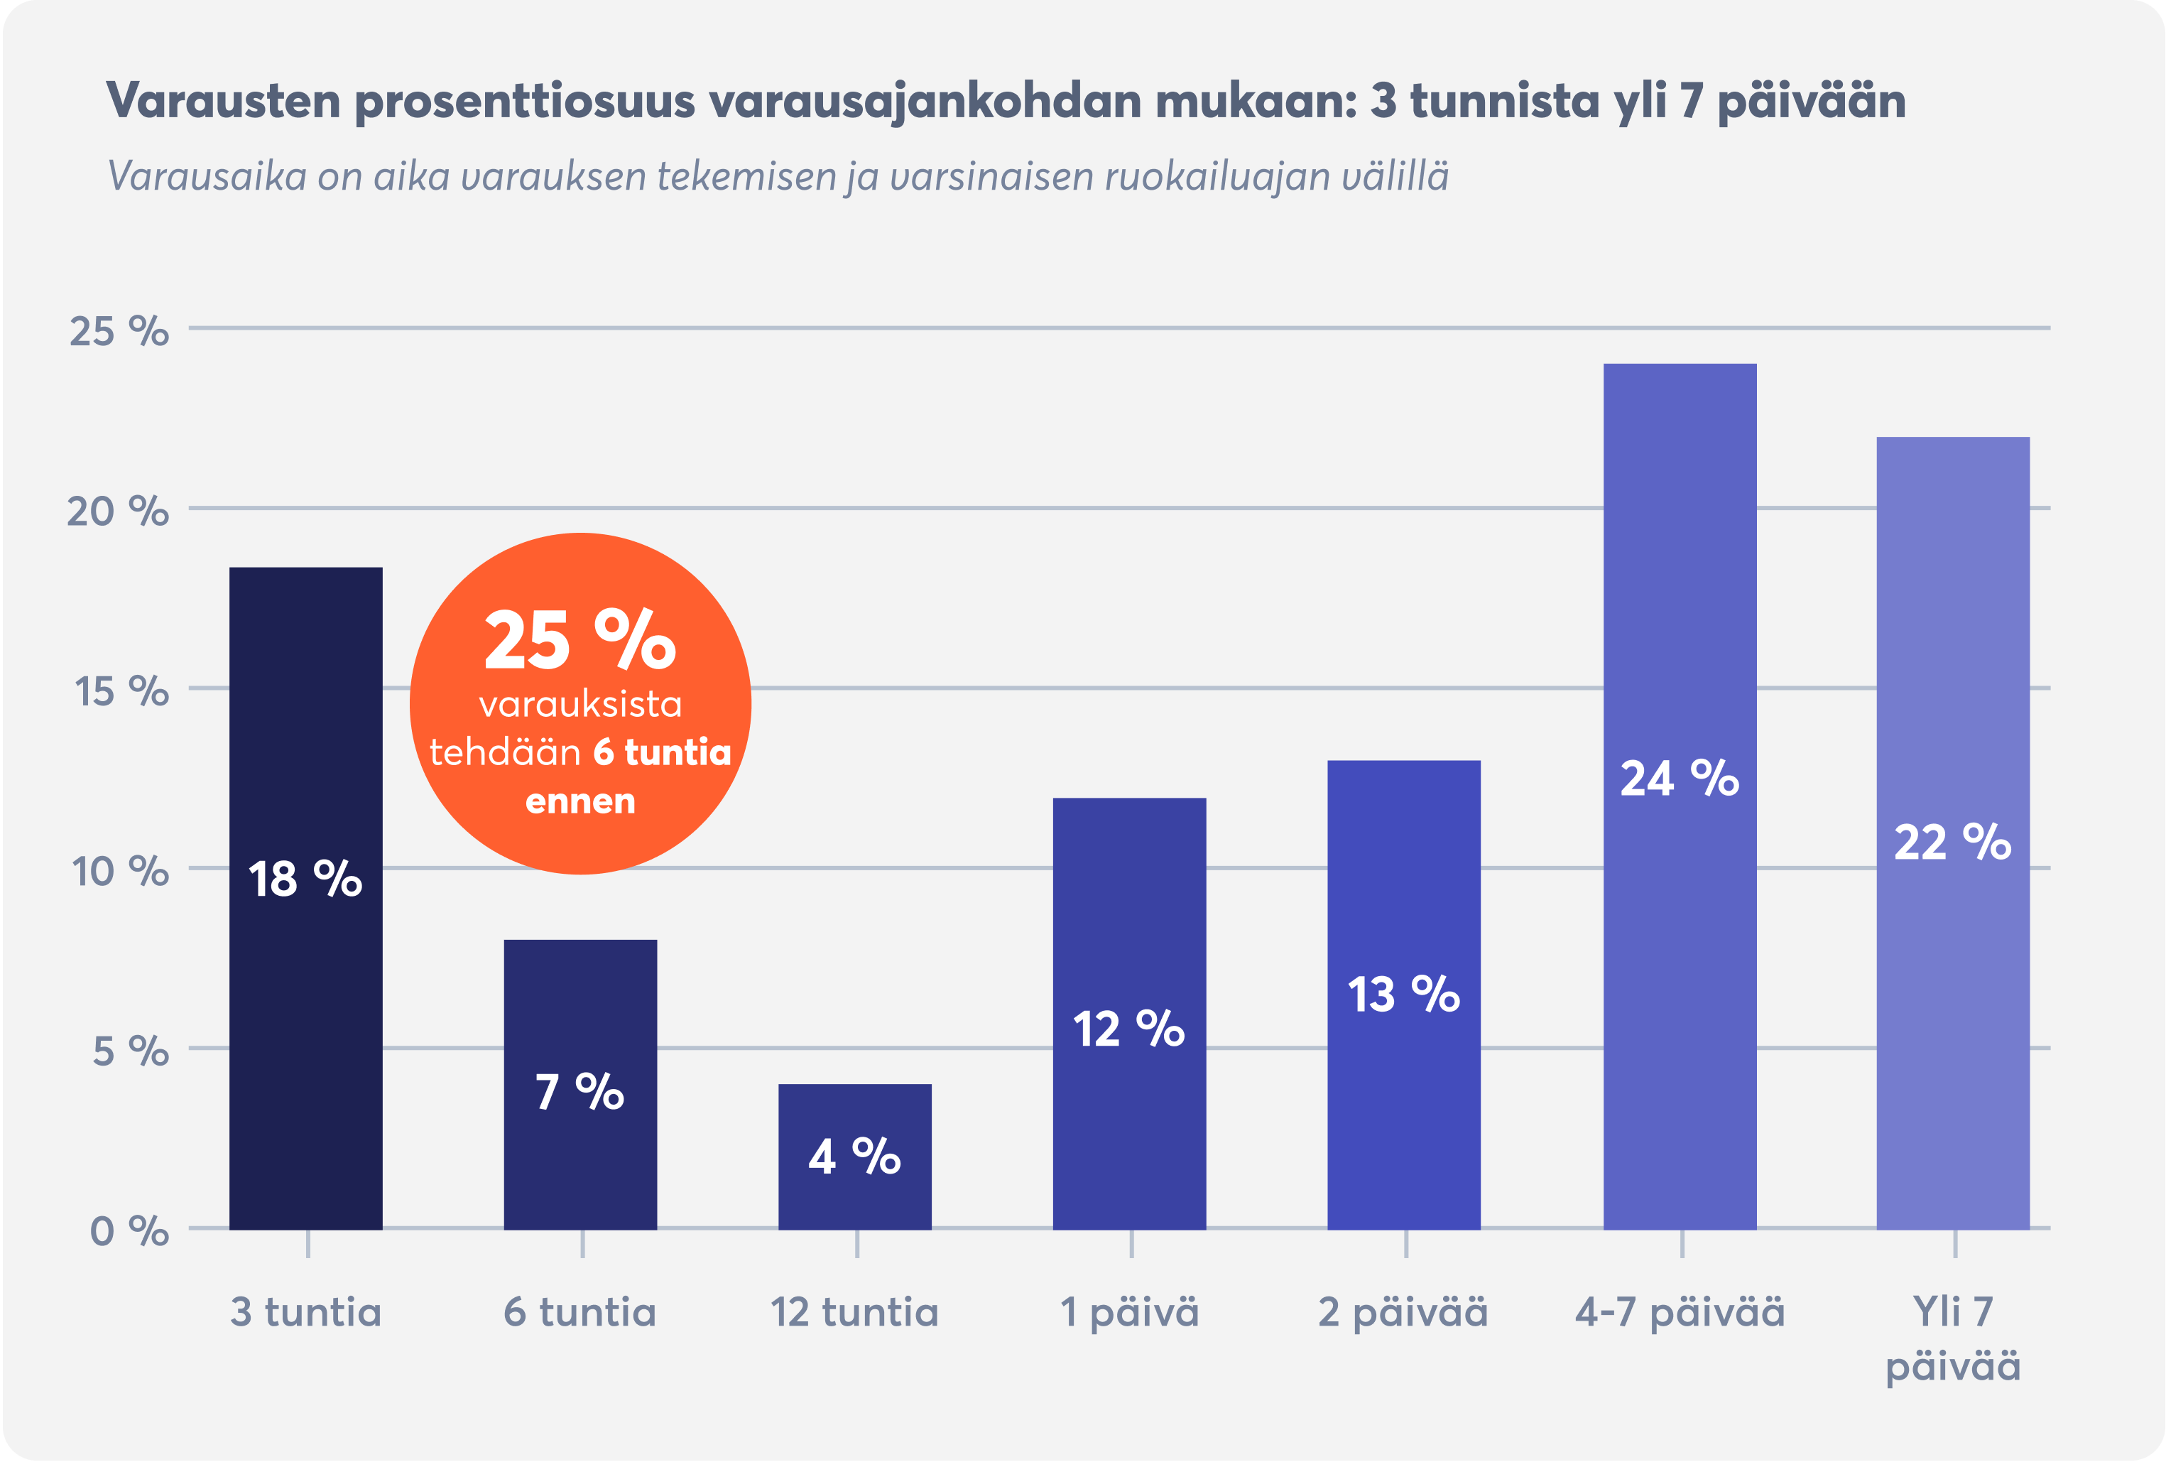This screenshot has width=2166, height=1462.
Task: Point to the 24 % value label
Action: [1680, 779]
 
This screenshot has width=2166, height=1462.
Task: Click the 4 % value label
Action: [854, 1157]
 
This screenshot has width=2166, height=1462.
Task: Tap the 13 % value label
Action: [1403, 994]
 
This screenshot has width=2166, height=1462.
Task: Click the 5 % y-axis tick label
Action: [131, 1051]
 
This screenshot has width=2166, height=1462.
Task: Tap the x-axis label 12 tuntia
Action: [854, 1313]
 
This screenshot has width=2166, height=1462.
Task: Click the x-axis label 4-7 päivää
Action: [1680, 1313]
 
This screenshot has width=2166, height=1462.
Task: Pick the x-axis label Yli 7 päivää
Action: [1952, 1339]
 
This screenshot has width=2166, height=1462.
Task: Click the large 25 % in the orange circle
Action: [579, 641]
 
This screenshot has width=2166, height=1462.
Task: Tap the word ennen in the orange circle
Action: [579, 801]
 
